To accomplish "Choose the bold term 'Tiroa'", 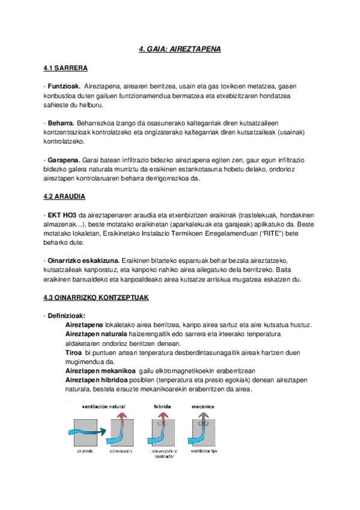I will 73,352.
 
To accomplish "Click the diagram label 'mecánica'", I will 205,407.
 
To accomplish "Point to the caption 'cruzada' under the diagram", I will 84,450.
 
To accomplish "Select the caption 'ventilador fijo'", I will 205,450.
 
